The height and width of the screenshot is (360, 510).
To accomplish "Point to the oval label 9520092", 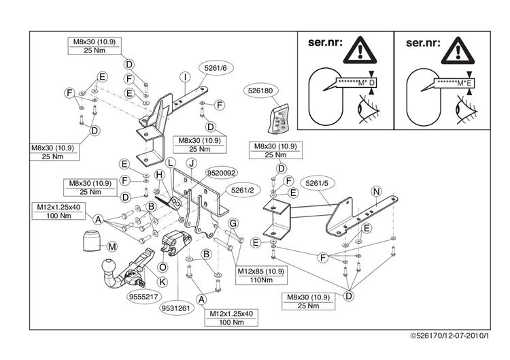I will point(222,173).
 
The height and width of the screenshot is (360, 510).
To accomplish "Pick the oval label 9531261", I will point(176,308).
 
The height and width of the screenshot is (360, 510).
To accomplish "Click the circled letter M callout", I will point(112,246).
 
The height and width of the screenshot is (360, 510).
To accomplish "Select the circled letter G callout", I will point(233,223).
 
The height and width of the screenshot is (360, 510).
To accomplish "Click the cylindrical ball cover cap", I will point(90,241).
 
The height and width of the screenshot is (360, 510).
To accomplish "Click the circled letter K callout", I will point(163,282).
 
